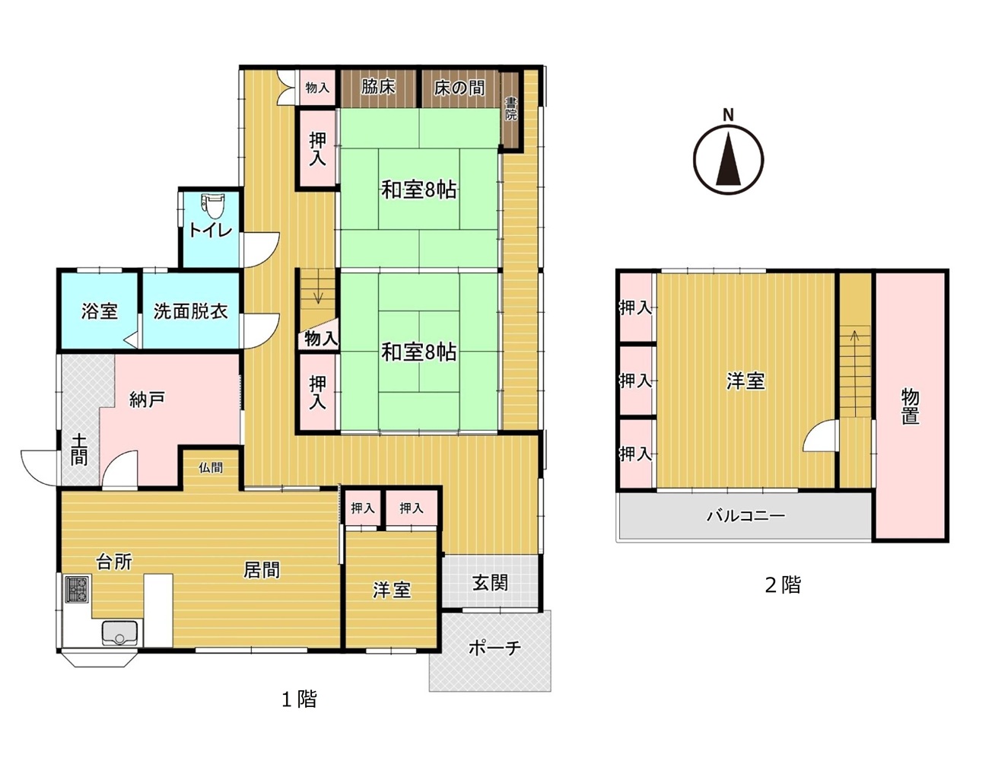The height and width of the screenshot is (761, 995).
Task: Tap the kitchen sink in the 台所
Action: (x=119, y=633)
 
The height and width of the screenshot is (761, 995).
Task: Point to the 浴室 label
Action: (x=100, y=311)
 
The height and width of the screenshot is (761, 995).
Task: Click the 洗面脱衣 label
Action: (x=190, y=311)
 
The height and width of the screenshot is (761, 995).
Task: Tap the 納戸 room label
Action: (x=146, y=400)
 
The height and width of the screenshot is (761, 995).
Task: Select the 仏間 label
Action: (x=211, y=467)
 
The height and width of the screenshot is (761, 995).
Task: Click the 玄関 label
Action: (x=490, y=583)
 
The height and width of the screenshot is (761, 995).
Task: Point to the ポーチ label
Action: (x=494, y=648)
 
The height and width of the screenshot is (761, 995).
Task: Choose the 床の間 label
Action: (x=459, y=88)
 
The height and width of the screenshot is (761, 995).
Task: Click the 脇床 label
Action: (x=378, y=87)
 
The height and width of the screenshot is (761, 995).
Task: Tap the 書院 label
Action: (x=511, y=109)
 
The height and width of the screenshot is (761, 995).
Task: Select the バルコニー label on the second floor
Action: (x=745, y=516)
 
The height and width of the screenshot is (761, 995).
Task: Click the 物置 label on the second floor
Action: (x=910, y=407)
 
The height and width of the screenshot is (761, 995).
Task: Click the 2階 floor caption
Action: (x=783, y=584)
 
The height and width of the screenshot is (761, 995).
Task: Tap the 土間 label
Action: (x=79, y=450)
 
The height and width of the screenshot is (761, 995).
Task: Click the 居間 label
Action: (x=262, y=570)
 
